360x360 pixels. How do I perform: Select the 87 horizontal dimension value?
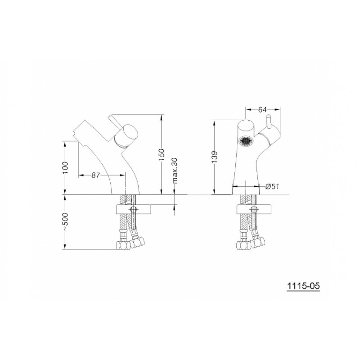pos(96,175)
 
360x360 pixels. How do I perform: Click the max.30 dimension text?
pos(175,171)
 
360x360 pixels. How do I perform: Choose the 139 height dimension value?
pos(214,157)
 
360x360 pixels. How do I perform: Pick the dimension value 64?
pos(262,110)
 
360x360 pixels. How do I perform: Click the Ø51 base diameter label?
pos(272,186)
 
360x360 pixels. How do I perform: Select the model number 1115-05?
pos(303,286)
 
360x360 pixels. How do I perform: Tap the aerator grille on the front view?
pos(245,140)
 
